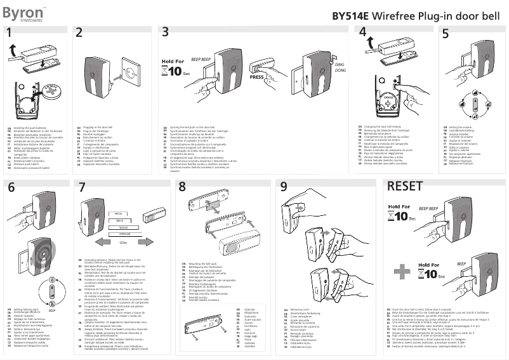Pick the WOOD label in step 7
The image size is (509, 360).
pos(124,226)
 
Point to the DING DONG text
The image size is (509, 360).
pos(340,68)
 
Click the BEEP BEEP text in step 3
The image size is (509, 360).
pos(201,60)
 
